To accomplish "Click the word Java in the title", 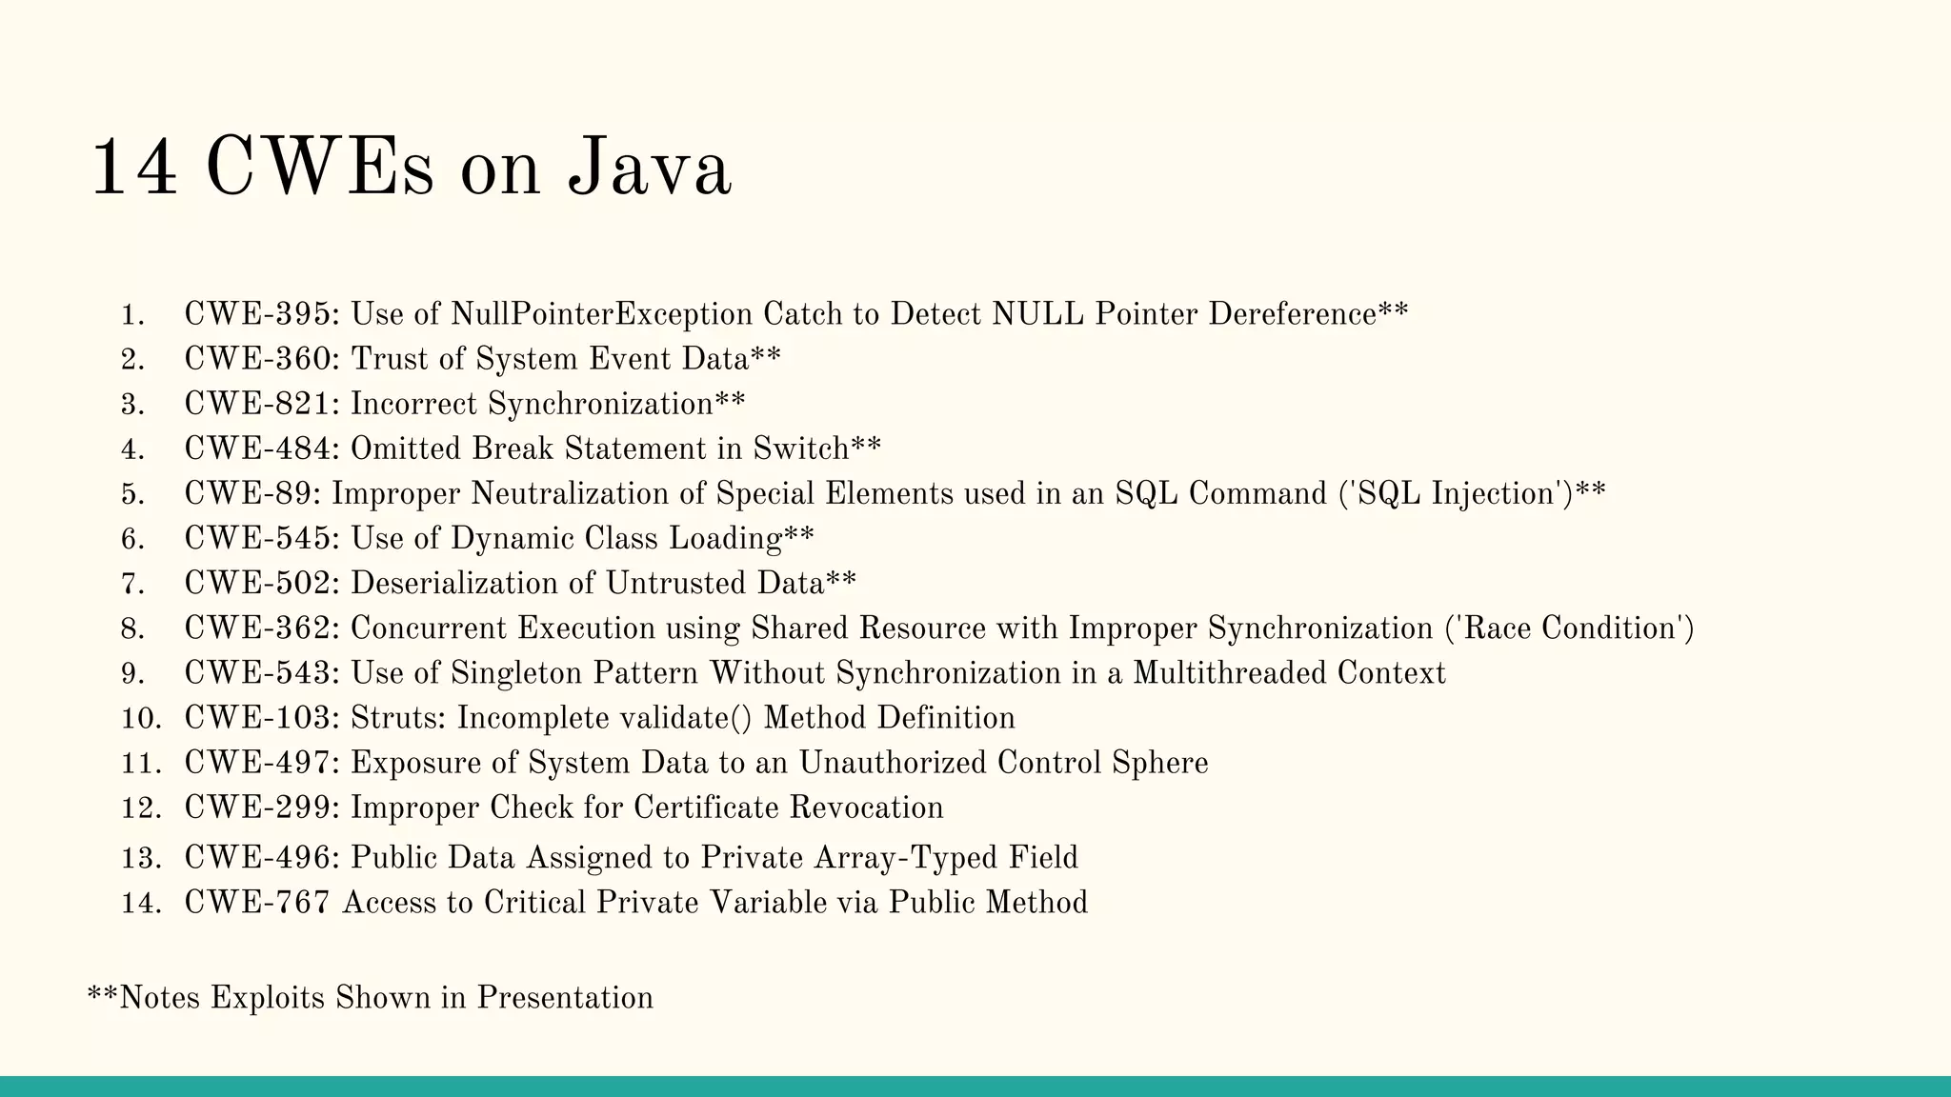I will point(649,169).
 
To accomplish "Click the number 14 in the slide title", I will point(133,169).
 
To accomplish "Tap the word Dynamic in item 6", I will point(513,539).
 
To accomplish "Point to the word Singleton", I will point(516,673).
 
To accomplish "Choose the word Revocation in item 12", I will point(866,808).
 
